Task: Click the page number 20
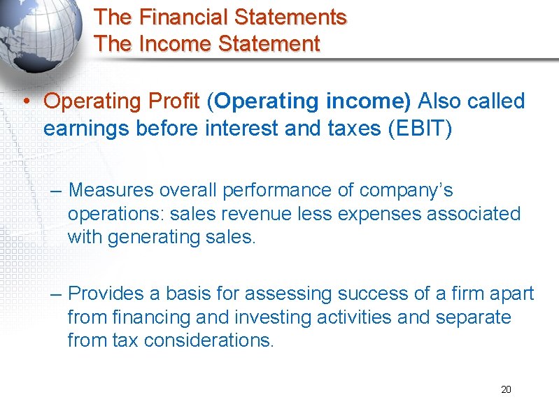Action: (x=506, y=389)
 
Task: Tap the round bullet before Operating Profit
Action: (x=24, y=102)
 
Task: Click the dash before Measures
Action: (x=57, y=191)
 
